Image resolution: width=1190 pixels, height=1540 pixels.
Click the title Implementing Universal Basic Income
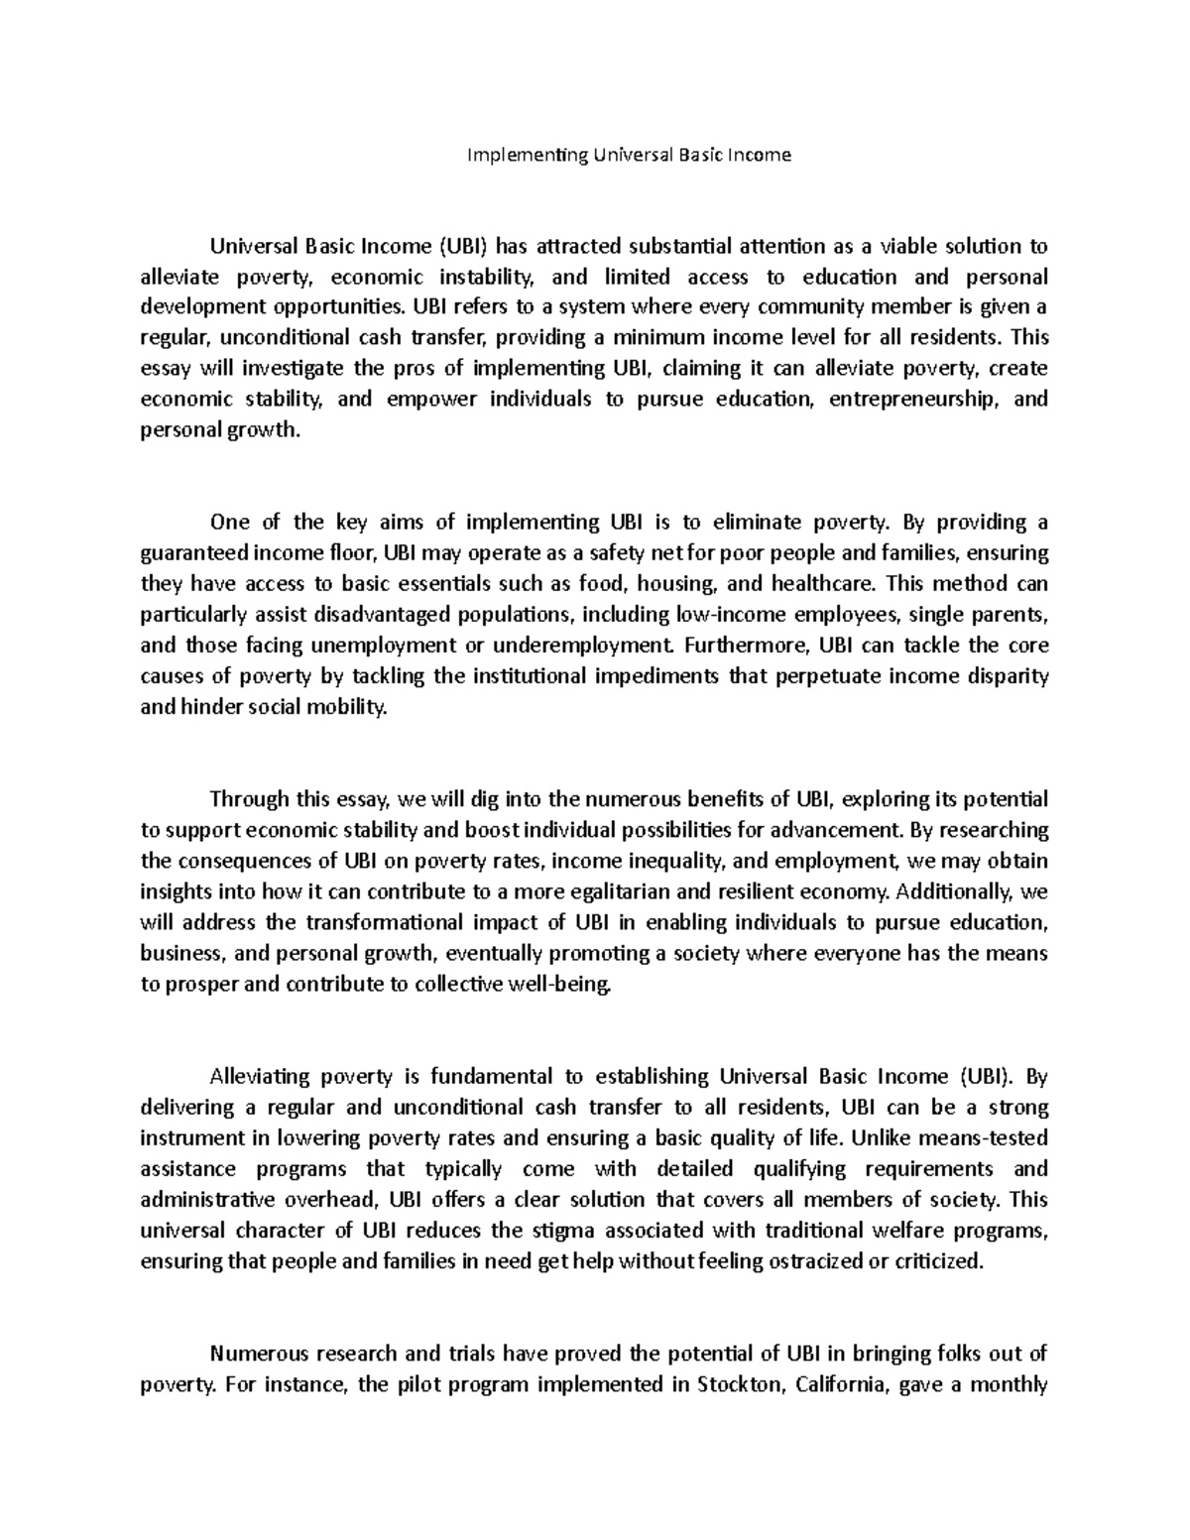(630, 155)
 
